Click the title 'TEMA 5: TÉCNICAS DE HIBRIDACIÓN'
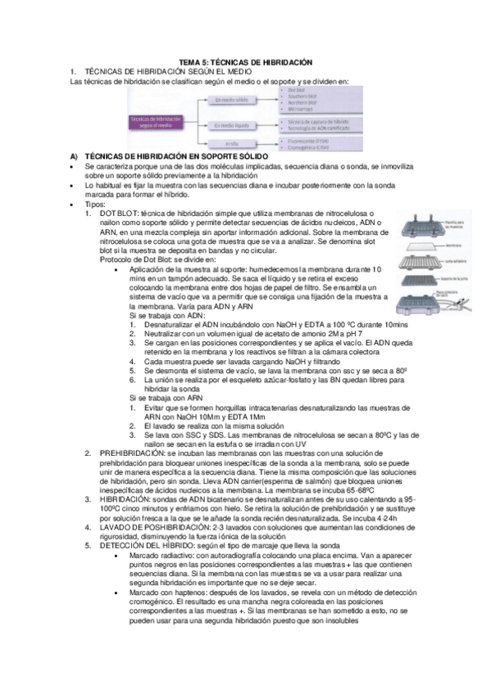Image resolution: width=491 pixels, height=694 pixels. point(245,63)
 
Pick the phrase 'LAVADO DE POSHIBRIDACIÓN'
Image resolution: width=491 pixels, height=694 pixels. point(157,527)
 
